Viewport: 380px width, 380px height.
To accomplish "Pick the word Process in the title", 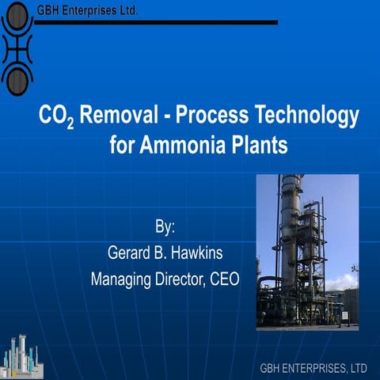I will pyautogui.click(x=210, y=117).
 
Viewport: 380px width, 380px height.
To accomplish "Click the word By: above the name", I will pyautogui.click(x=164, y=230).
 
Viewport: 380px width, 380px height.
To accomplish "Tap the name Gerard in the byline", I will pyautogui.click(x=130, y=254).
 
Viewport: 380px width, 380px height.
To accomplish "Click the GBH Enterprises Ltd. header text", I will pyautogui.click(x=87, y=10).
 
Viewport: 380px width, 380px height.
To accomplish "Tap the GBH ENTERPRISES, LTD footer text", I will pyautogui.click(x=313, y=368).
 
